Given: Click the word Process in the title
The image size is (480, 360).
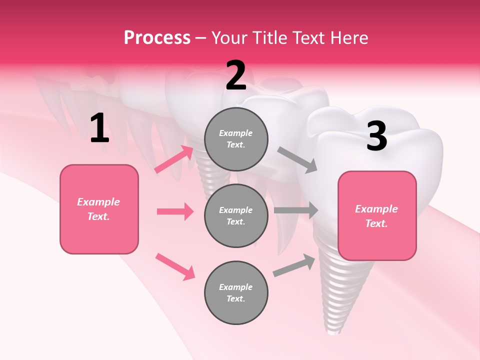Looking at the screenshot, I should [x=157, y=38].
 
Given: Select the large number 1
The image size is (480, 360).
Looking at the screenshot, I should [x=99, y=128].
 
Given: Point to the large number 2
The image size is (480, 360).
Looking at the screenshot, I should [x=236, y=76].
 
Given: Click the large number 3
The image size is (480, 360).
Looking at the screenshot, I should [x=377, y=136].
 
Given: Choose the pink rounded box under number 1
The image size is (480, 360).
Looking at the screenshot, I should [x=99, y=209].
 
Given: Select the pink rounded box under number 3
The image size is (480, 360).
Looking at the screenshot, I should [x=377, y=216].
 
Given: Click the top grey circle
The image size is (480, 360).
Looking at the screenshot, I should [x=236, y=139].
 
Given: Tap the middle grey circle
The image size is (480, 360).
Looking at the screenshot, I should [x=236, y=215].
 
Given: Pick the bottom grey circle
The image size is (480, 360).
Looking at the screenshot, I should [x=236, y=292].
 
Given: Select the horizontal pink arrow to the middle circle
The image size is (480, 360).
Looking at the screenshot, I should [x=175, y=211].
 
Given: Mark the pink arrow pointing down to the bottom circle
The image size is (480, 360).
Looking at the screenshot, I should [x=175, y=266].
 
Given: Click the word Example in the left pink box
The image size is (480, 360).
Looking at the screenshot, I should [x=98, y=202].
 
